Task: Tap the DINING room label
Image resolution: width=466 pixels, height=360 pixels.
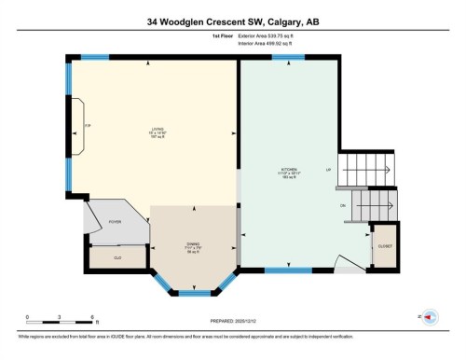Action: (193, 245)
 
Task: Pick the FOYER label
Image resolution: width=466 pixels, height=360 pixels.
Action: (116, 222)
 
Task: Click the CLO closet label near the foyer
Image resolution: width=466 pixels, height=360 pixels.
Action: (118, 256)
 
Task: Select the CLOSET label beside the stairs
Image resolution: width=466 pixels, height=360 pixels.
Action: (384, 244)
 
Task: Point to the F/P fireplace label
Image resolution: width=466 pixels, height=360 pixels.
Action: (88, 126)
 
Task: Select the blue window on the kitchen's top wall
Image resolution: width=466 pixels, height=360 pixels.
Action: (287, 58)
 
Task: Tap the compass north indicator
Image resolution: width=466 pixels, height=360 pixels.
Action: (430, 317)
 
